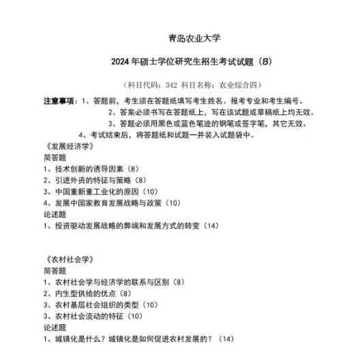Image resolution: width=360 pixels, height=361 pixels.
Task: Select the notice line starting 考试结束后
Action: (170, 134)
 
